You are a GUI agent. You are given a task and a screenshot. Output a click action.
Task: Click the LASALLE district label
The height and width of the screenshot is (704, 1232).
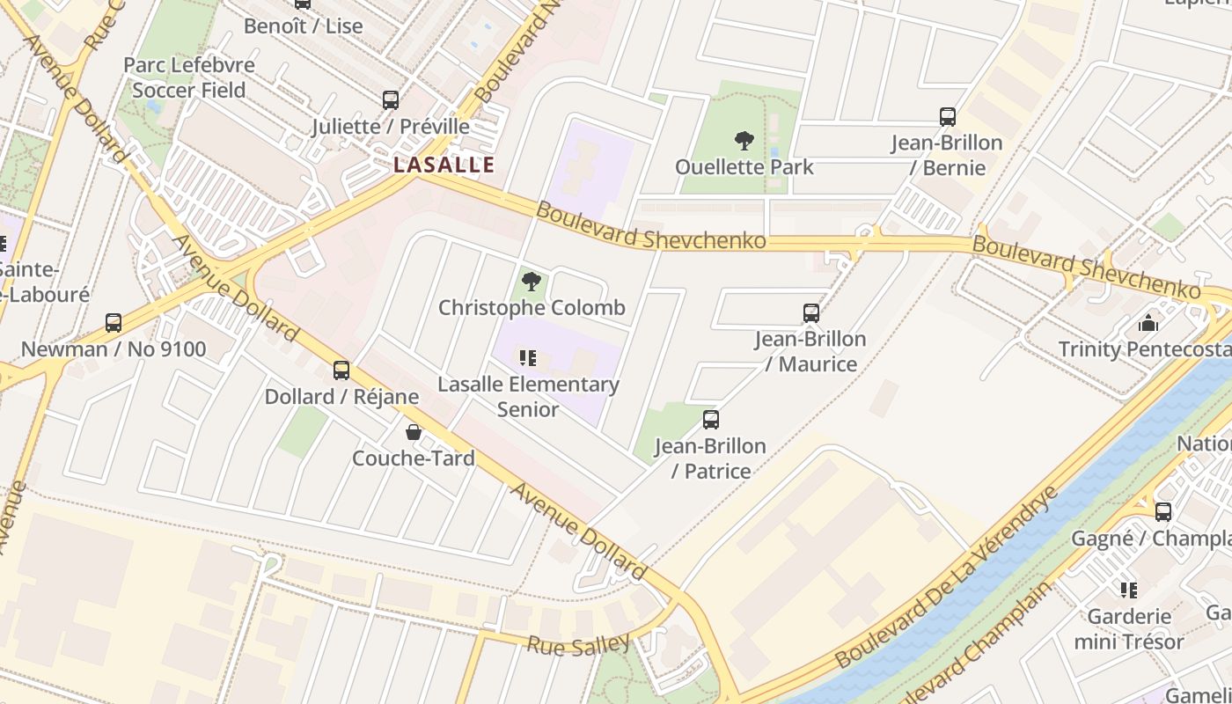point(444,165)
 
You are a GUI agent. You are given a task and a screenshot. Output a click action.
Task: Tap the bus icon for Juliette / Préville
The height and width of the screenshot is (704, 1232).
point(391,100)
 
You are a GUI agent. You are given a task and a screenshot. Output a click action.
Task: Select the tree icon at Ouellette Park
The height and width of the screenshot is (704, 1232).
point(744,140)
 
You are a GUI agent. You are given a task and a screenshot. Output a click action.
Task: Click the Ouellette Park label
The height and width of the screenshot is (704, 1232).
point(744,166)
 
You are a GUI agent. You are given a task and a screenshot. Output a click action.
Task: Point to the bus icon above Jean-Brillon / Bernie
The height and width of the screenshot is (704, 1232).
point(948,116)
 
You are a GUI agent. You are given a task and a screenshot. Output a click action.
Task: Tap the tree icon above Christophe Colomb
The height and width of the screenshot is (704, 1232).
point(531,282)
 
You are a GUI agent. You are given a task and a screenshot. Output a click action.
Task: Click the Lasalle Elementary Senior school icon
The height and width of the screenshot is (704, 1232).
point(528,357)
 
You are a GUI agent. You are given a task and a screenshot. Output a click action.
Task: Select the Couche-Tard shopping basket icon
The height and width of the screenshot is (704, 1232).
point(413,432)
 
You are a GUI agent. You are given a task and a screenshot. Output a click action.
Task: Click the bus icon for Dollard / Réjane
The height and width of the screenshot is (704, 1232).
point(341,370)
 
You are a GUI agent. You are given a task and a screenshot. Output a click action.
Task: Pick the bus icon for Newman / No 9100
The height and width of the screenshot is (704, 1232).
point(114,323)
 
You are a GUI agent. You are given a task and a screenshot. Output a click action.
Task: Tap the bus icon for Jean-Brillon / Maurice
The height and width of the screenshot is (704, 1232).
point(811,312)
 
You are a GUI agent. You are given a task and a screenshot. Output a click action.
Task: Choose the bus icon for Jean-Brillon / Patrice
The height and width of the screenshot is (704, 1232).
point(711,420)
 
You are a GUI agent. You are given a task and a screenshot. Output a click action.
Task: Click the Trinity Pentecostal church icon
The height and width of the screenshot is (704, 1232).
point(1148,323)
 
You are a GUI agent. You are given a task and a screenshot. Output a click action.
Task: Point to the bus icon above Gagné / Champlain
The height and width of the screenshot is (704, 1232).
point(1163,511)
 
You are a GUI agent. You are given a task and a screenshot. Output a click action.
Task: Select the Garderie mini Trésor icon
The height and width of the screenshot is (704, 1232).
point(1129,590)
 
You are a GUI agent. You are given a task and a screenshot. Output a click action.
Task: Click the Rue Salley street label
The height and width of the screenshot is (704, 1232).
point(579,644)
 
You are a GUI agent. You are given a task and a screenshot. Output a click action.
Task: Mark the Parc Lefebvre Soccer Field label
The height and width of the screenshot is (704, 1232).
point(189,77)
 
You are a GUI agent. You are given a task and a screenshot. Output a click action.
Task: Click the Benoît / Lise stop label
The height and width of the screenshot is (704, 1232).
point(303,26)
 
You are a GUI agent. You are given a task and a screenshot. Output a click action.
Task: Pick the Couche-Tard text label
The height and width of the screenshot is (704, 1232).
point(414,458)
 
